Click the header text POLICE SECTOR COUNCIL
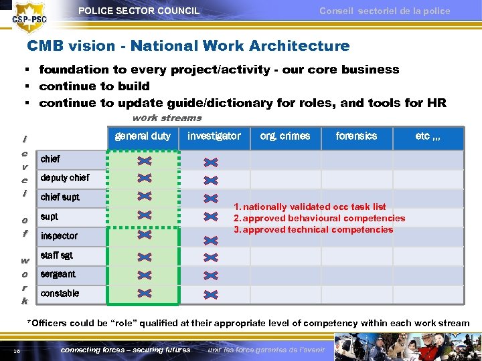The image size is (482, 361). (139, 11)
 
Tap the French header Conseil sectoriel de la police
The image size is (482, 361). (384, 11)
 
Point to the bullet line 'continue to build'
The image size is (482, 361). (94, 86)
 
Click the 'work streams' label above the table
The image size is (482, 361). (167, 118)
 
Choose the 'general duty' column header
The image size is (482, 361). (143, 136)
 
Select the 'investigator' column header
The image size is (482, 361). (214, 136)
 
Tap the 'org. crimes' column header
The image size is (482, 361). (285, 136)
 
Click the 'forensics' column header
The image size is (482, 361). (356, 136)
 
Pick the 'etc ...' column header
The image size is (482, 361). (428, 136)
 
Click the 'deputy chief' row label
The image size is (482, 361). (64, 178)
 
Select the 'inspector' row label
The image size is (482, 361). (59, 236)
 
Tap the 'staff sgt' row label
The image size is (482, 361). (56, 255)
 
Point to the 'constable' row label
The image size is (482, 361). (60, 293)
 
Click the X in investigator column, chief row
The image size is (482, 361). (211, 161)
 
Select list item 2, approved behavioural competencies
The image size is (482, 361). (319, 218)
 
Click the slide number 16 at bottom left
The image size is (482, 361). (15, 350)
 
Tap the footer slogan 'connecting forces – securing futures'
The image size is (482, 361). (125, 350)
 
